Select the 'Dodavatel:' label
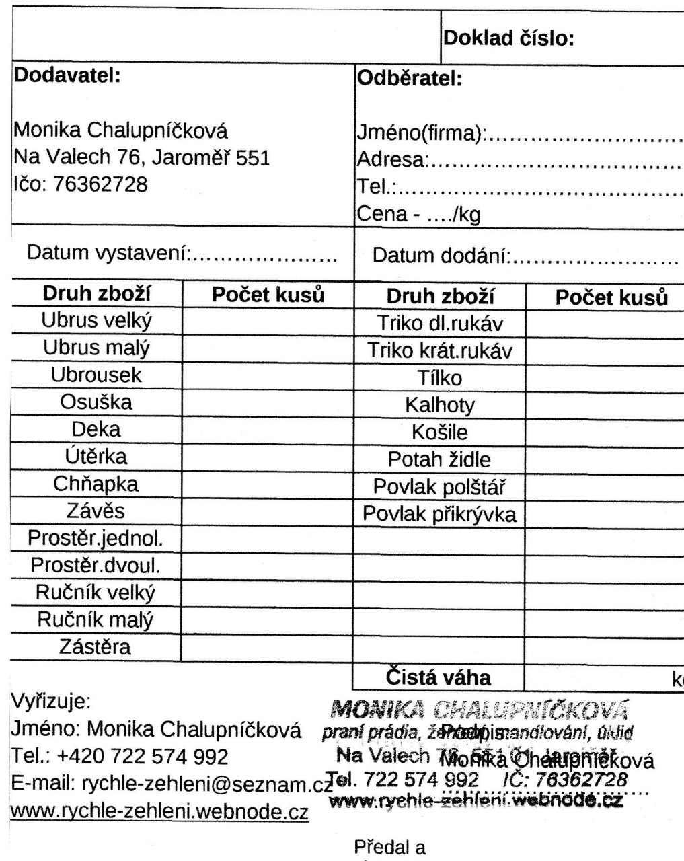click(67, 74)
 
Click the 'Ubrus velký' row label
click(97, 320)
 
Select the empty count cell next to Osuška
click(266, 402)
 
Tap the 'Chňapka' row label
click(96, 484)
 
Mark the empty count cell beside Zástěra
click(266, 648)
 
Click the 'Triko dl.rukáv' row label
click(441, 324)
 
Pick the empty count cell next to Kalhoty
click(603, 405)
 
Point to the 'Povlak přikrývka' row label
click(440, 514)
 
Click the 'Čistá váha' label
click(438, 677)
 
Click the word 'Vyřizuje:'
click(51, 702)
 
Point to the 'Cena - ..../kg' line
click(418, 215)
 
